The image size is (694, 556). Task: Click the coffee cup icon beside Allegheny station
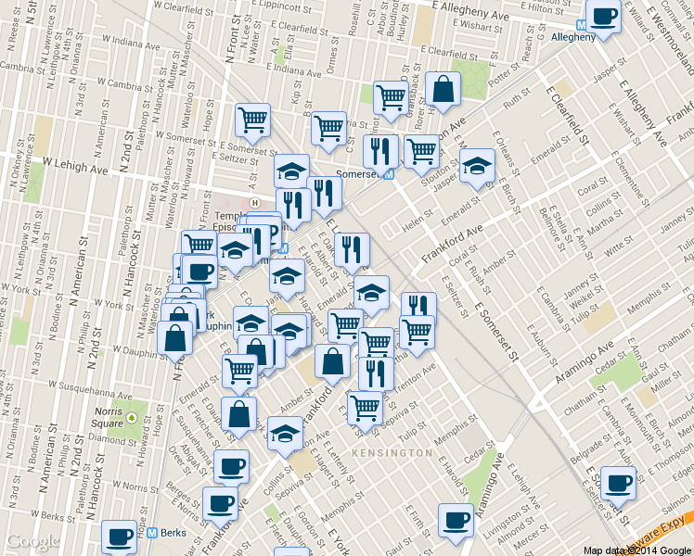604,16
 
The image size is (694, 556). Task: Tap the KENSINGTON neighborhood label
393,452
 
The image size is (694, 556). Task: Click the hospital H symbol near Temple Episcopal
254,201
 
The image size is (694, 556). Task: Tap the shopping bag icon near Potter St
443,88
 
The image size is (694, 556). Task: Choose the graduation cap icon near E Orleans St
477,165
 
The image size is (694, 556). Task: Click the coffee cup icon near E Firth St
455,521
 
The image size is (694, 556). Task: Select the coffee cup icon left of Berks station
118,536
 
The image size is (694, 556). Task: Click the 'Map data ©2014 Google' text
636,550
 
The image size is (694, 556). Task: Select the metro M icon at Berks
151,533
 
